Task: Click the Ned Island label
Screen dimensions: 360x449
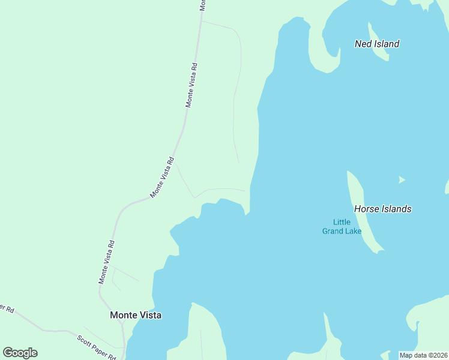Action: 377,44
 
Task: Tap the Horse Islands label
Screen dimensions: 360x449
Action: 383,209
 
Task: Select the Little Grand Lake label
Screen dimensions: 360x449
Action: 342,227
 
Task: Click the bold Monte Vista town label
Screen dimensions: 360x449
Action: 136,314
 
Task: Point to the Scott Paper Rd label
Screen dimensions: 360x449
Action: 97,347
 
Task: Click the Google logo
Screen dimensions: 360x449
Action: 20,353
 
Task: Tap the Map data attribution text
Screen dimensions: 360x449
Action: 423,355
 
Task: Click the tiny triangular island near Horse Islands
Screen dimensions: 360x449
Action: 401,179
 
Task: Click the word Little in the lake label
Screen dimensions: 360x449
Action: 342,222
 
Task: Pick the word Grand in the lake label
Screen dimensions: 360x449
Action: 333,231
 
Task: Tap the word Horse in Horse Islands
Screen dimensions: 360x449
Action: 366,209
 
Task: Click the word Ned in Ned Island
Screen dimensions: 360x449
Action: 363,44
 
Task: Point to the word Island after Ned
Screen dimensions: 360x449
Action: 386,44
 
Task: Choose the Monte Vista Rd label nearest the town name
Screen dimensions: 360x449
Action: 107,262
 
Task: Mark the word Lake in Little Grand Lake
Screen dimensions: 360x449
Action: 353,231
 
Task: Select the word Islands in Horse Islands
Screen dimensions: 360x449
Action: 396,209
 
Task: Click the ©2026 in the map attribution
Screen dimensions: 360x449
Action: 437,355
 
